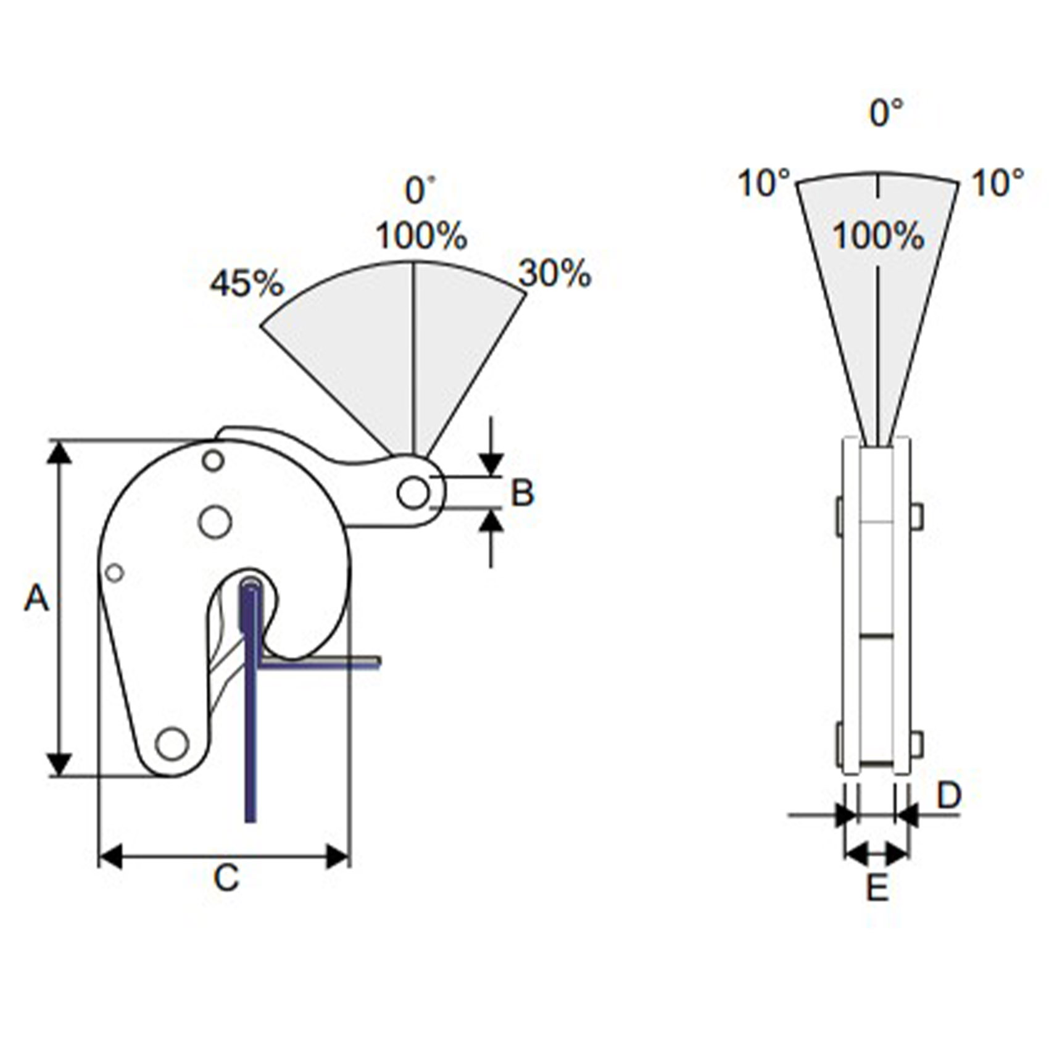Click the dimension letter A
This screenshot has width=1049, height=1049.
click(x=36, y=598)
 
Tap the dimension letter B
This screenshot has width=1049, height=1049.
click(x=522, y=493)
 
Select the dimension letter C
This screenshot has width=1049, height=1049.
click(x=226, y=877)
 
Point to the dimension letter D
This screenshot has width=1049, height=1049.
click(x=949, y=795)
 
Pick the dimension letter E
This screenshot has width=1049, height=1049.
click(x=877, y=889)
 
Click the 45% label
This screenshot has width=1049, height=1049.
click(x=247, y=283)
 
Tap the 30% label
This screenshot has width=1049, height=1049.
click(x=555, y=273)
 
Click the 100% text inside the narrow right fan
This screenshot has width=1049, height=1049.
click(x=878, y=236)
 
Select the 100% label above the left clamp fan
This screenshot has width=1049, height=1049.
click(x=421, y=236)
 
